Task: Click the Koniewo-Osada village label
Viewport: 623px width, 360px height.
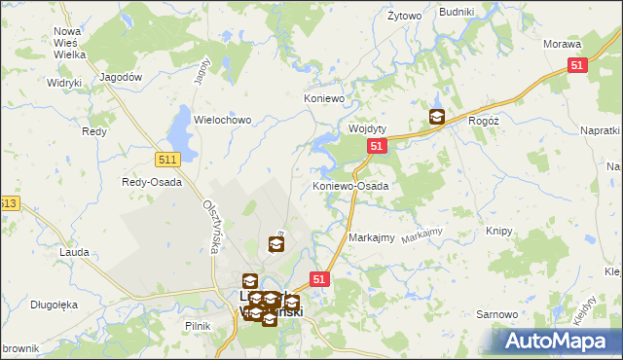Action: click(350, 185)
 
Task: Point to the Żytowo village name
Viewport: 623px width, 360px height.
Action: click(404, 17)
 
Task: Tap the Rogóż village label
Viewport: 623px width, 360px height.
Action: click(484, 119)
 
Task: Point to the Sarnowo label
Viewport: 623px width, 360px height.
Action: click(495, 315)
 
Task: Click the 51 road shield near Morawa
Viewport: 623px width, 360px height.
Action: click(577, 64)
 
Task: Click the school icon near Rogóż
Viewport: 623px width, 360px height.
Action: click(437, 118)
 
